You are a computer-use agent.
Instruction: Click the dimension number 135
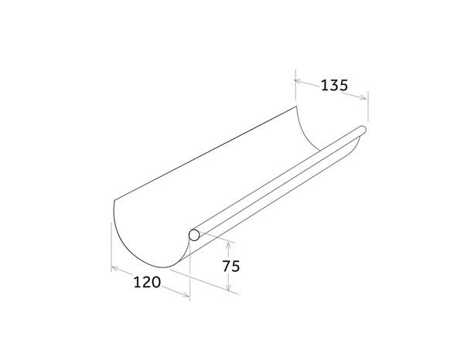tap(334, 85)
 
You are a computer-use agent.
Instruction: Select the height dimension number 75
tap(231, 267)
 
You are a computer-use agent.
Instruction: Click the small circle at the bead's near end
tap(196, 233)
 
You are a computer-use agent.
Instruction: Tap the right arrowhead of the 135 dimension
tap(365, 97)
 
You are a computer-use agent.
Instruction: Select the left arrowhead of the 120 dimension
tap(114, 268)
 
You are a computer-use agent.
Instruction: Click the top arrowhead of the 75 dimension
tap(229, 242)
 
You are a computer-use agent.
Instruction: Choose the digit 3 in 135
tap(334, 85)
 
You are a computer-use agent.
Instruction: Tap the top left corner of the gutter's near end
tap(113, 199)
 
